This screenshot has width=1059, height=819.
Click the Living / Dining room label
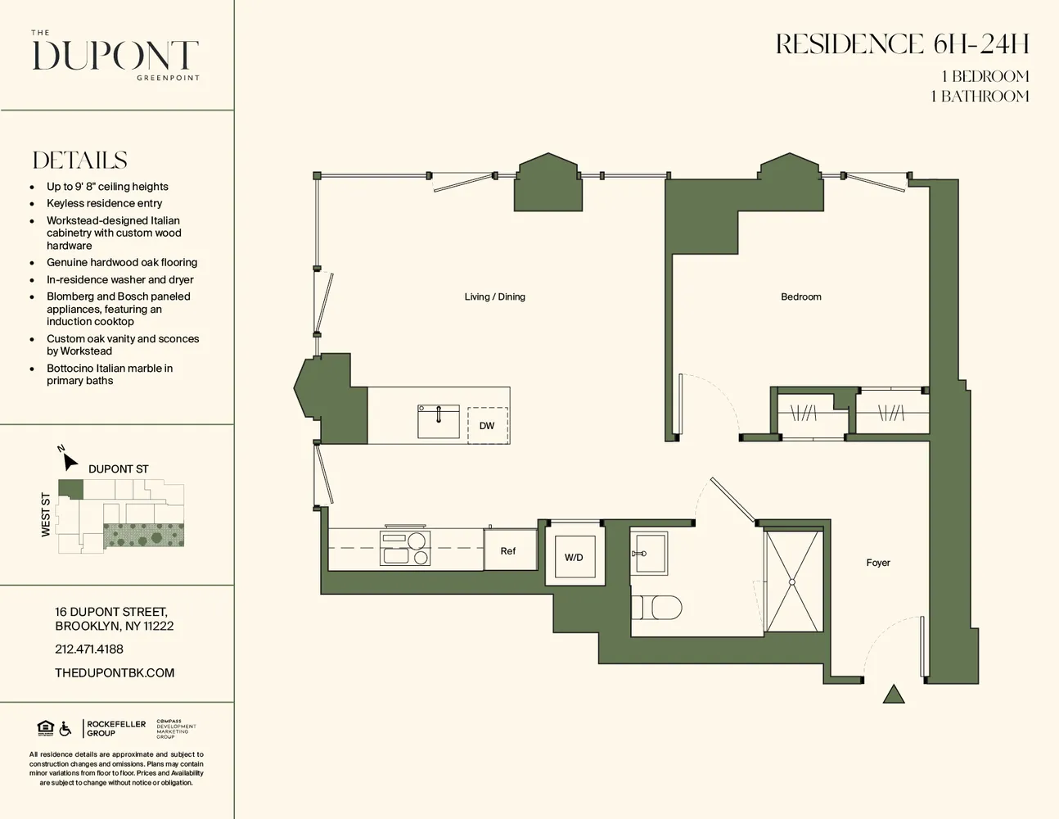(494, 296)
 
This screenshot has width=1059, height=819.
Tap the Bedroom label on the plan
(800, 296)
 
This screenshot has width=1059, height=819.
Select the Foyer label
(877, 563)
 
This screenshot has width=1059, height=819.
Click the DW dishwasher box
(487, 425)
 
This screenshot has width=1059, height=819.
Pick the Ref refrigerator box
(508, 550)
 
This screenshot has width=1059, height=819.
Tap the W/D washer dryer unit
(574, 557)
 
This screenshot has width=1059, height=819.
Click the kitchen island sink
(438, 421)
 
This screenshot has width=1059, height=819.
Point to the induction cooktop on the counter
(404, 548)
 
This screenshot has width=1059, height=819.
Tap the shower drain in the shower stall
(791, 581)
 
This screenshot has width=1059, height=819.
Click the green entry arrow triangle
(894, 695)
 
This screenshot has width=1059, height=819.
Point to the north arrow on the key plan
(69, 460)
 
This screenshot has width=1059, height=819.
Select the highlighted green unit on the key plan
(70, 489)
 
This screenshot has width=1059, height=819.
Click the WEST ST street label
(46, 515)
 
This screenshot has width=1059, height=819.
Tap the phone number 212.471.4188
(89, 649)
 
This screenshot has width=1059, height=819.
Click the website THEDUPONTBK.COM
(115, 672)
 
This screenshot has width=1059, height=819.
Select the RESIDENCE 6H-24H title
(902, 44)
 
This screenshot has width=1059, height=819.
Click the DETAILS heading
(79, 160)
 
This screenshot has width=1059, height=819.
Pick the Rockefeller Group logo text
(116, 728)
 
